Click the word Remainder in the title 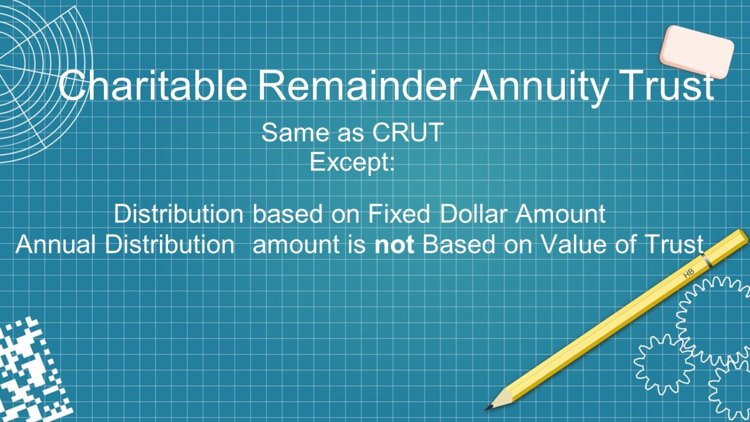[359, 85]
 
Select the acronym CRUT [408, 132]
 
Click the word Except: [352, 162]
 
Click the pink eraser [696, 51]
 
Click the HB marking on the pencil [688, 274]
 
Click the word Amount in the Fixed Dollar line [561, 214]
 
